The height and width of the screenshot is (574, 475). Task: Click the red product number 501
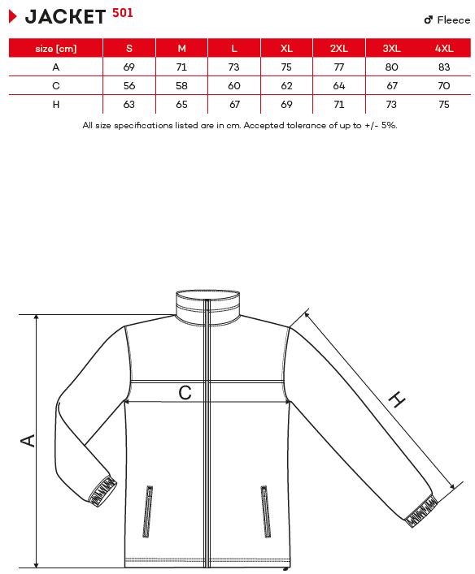coord(123,13)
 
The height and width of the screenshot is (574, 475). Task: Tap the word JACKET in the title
coord(65,17)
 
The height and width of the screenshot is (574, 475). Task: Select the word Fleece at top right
coord(453,19)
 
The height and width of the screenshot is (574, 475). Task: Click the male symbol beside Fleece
coord(429,19)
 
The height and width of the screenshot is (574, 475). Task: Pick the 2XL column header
coord(339,49)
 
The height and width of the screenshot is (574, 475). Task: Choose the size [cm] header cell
coord(56,49)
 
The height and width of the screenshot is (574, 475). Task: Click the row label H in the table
coord(56,105)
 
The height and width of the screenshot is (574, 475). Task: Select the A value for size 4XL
coord(444,67)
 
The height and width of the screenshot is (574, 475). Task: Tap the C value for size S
coord(129,86)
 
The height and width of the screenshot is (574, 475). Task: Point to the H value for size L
coord(234,105)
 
